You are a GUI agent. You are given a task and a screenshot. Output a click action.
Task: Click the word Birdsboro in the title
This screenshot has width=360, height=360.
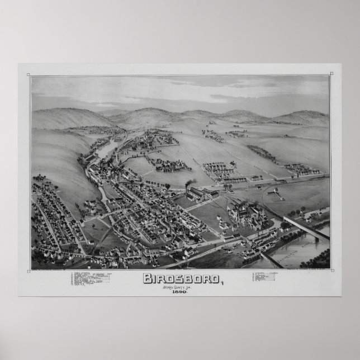click(x=178, y=278)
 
